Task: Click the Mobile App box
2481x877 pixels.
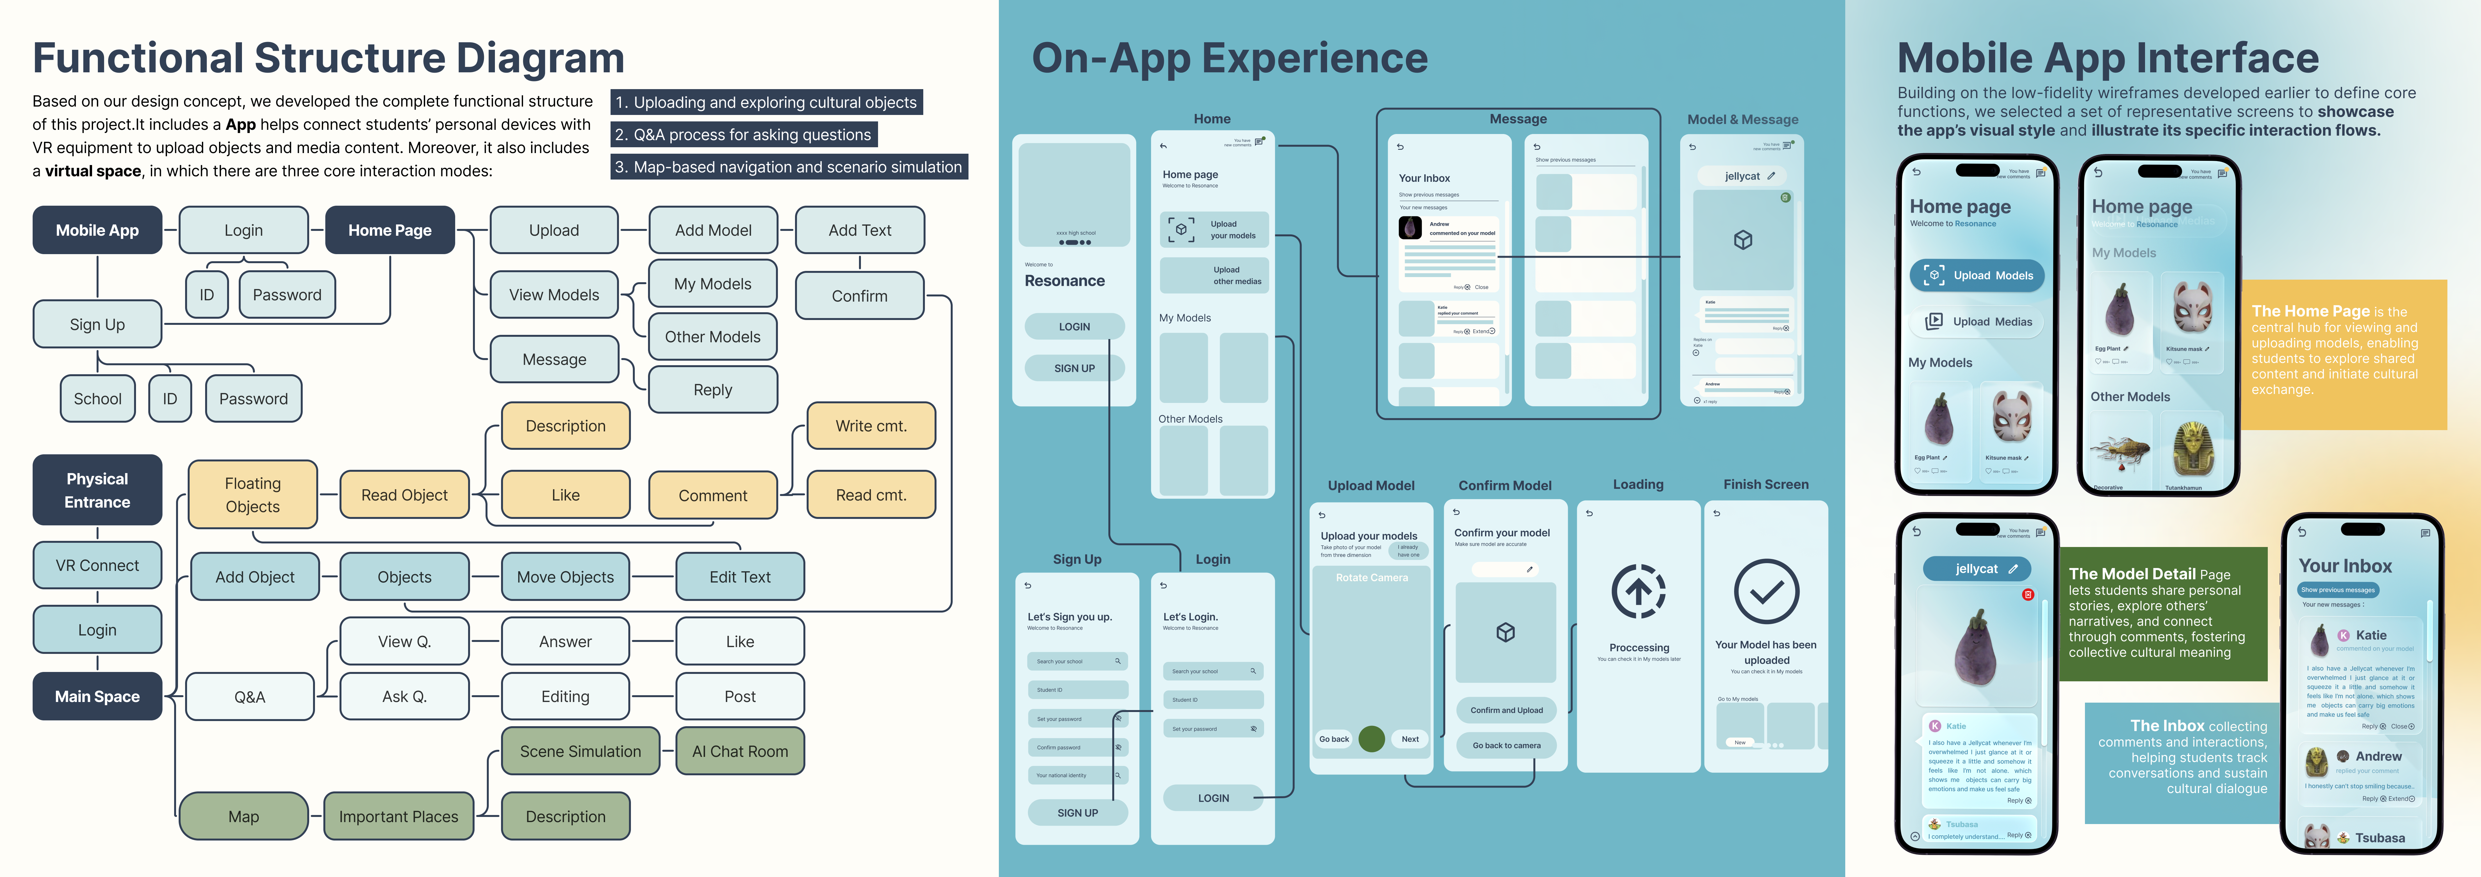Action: tap(97, 230)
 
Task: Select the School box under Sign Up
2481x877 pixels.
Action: tap(97, 398)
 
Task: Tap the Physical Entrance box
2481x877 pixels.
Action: tap(97, 490)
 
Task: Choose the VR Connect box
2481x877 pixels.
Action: tap(97, 565)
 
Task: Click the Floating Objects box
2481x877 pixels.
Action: tap(252, 495)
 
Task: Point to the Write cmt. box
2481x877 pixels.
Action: tap(871, 426)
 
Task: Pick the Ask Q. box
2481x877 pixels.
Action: tap(404, 696)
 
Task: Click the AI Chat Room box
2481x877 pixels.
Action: tap(740, 751)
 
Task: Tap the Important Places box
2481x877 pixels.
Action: tap(399, 816)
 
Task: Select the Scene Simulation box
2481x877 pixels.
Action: tap(580, 751)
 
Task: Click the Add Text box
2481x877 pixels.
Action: tap(859, 230)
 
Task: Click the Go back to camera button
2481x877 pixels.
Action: tap(1506, 745)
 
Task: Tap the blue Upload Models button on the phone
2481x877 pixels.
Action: tap(1976, 275)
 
